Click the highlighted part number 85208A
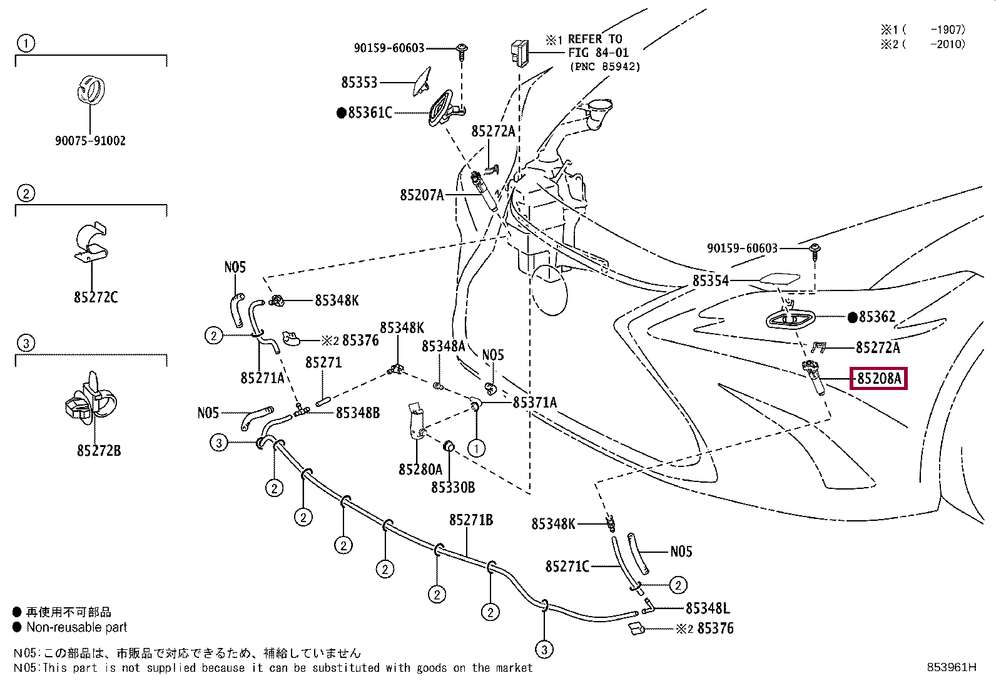pos(879,378)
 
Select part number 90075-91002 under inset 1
pos(90,141)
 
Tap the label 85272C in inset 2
pos(96,297)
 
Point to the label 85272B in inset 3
pos(99,450)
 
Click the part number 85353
pos(359,82)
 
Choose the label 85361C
pos(370,113)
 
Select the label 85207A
pos(422,195)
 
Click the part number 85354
pos(711,280)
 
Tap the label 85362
pos(877,317)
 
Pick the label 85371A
pos(534,403)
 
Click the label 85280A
pos(420,469)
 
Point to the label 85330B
pos(453,487)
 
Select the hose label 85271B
pos(471,520)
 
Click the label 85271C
pos(567,567)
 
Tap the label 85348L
pos(708,608)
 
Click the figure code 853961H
pos(951,667)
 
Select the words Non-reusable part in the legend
pos(77,627)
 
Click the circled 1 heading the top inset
pos(26,43)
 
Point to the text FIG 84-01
pos(598,53)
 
